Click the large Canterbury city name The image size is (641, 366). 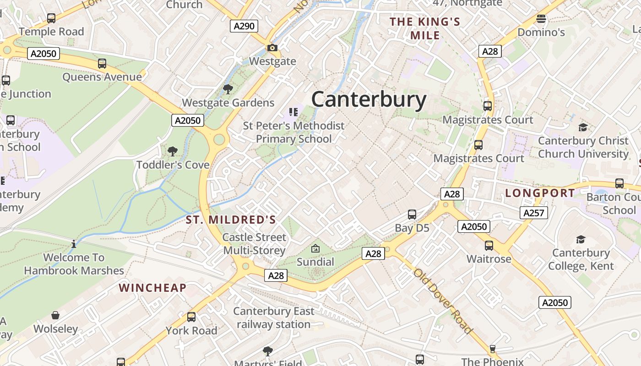coord(369,99)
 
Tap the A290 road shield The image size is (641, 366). coord(244,26)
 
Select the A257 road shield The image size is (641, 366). coord(534,212)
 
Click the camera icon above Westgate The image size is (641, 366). coord(272,48)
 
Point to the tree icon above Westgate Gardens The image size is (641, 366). coord(228,89)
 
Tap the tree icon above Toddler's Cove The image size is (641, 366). coord(173,151)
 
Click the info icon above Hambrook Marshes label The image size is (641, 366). coord(74,244)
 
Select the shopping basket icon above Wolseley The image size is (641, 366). coord(55,315)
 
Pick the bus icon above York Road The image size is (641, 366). coord(191,317)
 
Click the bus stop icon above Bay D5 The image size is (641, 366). coord(412,214)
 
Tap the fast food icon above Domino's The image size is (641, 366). coord(541,19)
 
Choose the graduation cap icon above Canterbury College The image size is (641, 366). coord(581,239)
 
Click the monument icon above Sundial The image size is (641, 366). coord(315,248)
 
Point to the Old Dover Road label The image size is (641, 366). coord(442,301)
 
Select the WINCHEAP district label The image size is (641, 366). coord(152,288)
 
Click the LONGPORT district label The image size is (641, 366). coord(540,193)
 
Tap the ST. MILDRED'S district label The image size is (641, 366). coord(231,220)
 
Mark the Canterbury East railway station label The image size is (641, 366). coord(274,318)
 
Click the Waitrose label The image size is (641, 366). coord(489,259)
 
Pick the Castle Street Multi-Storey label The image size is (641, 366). coord(254,244)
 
